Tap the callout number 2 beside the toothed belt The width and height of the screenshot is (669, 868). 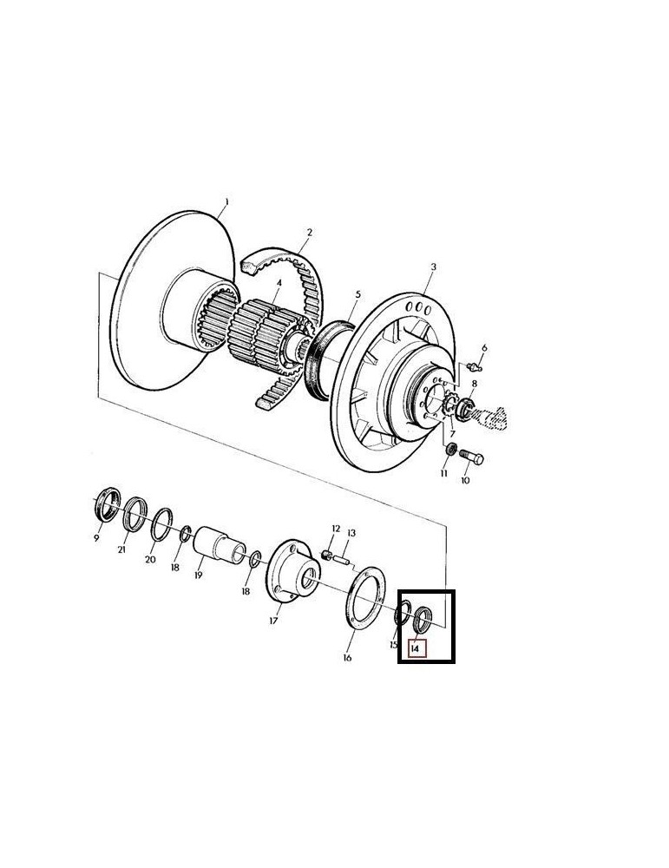[309, 233]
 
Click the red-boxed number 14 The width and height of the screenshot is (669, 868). [416, 647]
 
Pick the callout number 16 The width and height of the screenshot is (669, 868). [347, 657]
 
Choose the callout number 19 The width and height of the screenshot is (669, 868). [199, 575]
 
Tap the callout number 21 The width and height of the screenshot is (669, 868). [122, 550]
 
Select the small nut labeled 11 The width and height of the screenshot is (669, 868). [450, 449]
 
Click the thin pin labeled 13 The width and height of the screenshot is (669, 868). [343, 560]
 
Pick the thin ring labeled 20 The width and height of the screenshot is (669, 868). [160, 527]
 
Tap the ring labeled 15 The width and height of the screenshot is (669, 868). [400, 616]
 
